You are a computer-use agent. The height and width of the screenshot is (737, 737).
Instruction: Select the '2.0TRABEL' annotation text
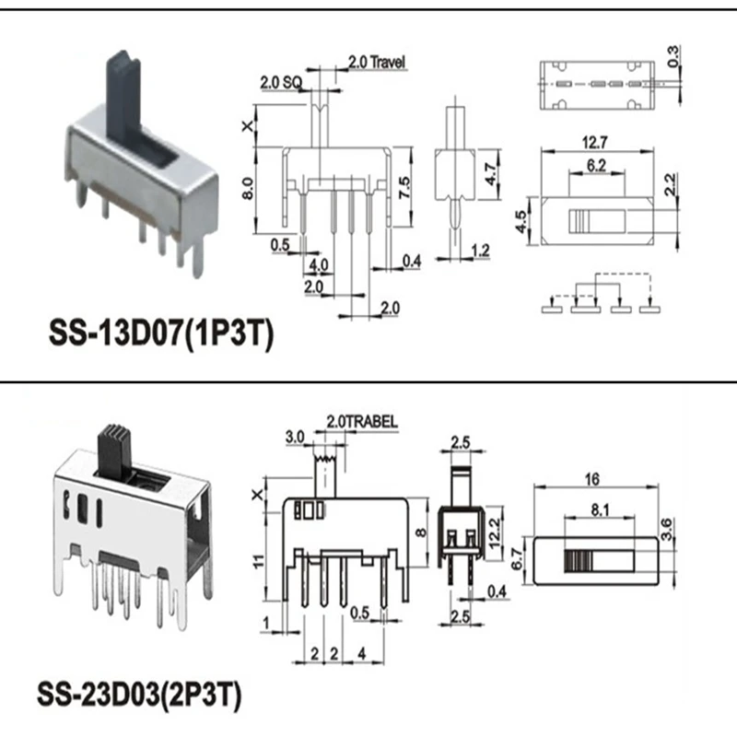360,421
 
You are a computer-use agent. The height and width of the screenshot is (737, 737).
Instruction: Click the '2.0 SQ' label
278,83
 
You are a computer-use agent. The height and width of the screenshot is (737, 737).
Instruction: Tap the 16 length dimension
591,479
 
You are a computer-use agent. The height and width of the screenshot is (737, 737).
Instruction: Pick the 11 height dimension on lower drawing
261,559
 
